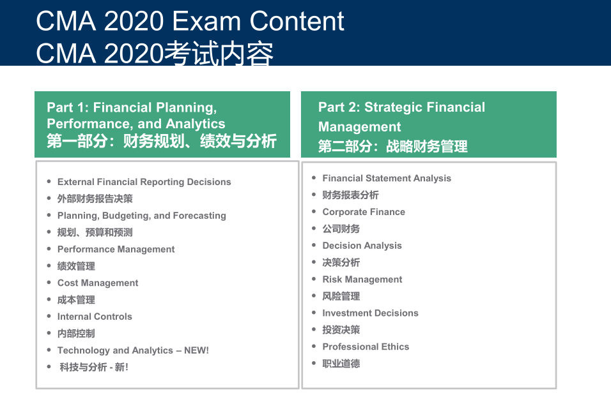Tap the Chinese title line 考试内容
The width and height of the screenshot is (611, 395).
point(219,54)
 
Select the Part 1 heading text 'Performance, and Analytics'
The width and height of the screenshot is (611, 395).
point(136,124)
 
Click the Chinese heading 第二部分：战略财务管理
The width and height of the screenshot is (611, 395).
point(393,146)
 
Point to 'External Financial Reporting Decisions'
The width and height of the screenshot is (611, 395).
point(144,182)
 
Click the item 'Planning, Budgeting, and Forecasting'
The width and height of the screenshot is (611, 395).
point(142,216)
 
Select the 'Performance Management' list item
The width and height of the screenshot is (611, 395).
point(116,249)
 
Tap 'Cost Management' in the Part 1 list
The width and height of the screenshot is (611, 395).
point(98,283)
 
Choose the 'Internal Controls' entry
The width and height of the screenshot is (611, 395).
point(95,317)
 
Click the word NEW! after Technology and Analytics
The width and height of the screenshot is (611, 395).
point(196,350)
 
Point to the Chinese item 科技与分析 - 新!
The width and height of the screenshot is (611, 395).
point(94,367)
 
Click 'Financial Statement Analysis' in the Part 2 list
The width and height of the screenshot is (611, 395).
point(387,178)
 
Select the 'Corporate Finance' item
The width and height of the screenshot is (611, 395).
point(364,212)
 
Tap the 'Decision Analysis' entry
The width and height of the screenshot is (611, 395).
point(362,246)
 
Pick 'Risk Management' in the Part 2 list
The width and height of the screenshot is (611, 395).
point(362,279)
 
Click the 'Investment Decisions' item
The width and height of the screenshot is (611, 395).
point(371,313)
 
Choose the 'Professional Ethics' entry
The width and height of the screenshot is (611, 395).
point(366,347)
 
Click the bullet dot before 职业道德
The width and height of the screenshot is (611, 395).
point(314,363)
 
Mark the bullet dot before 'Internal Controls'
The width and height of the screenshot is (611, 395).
point(49,316)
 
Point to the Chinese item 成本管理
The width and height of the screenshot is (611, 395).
point(77,300)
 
